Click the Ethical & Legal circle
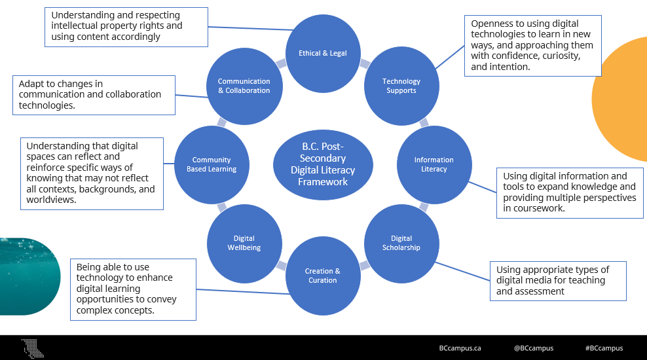pos(323,53)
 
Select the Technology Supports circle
pos(401,86)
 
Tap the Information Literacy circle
pos(434,164)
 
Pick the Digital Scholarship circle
pos(401,243)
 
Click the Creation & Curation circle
pos(323,276)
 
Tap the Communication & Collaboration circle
pos(244,86)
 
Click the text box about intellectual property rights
pos(126,27)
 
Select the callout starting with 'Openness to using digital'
pos(532,45)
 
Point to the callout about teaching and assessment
pos(557,280)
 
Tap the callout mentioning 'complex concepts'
pos(133,289)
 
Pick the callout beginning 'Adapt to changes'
pos(94,94)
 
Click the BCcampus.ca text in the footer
pos(460,348)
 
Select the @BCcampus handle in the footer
pos(533,348)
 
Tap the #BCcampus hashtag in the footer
pos(604,348)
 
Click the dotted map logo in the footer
pos(32,348)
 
